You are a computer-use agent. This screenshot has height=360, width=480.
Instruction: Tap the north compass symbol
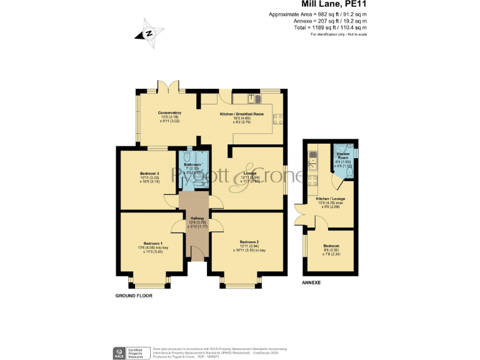coord(149,34)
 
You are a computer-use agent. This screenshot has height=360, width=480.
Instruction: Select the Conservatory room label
coord(169,113)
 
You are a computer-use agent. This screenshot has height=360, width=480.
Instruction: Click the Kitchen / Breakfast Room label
coord(241,114)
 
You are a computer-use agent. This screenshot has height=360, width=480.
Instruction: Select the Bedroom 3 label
coord(150,173)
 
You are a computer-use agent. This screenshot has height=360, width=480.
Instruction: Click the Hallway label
coord(197,218)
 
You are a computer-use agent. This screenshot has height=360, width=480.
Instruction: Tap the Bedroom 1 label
coord(152,243)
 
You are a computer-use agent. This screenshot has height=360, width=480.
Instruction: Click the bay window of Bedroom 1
coord(149,283)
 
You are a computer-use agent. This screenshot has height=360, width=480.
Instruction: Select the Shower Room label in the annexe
coord(343,154)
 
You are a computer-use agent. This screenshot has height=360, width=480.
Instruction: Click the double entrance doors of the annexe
coord(298,215)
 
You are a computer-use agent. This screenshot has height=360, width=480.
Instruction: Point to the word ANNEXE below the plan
coord(311,282)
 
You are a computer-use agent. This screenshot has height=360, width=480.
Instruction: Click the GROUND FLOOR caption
coord(134,296)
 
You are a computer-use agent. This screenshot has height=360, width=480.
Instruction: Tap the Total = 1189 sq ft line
coord(331,27)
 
